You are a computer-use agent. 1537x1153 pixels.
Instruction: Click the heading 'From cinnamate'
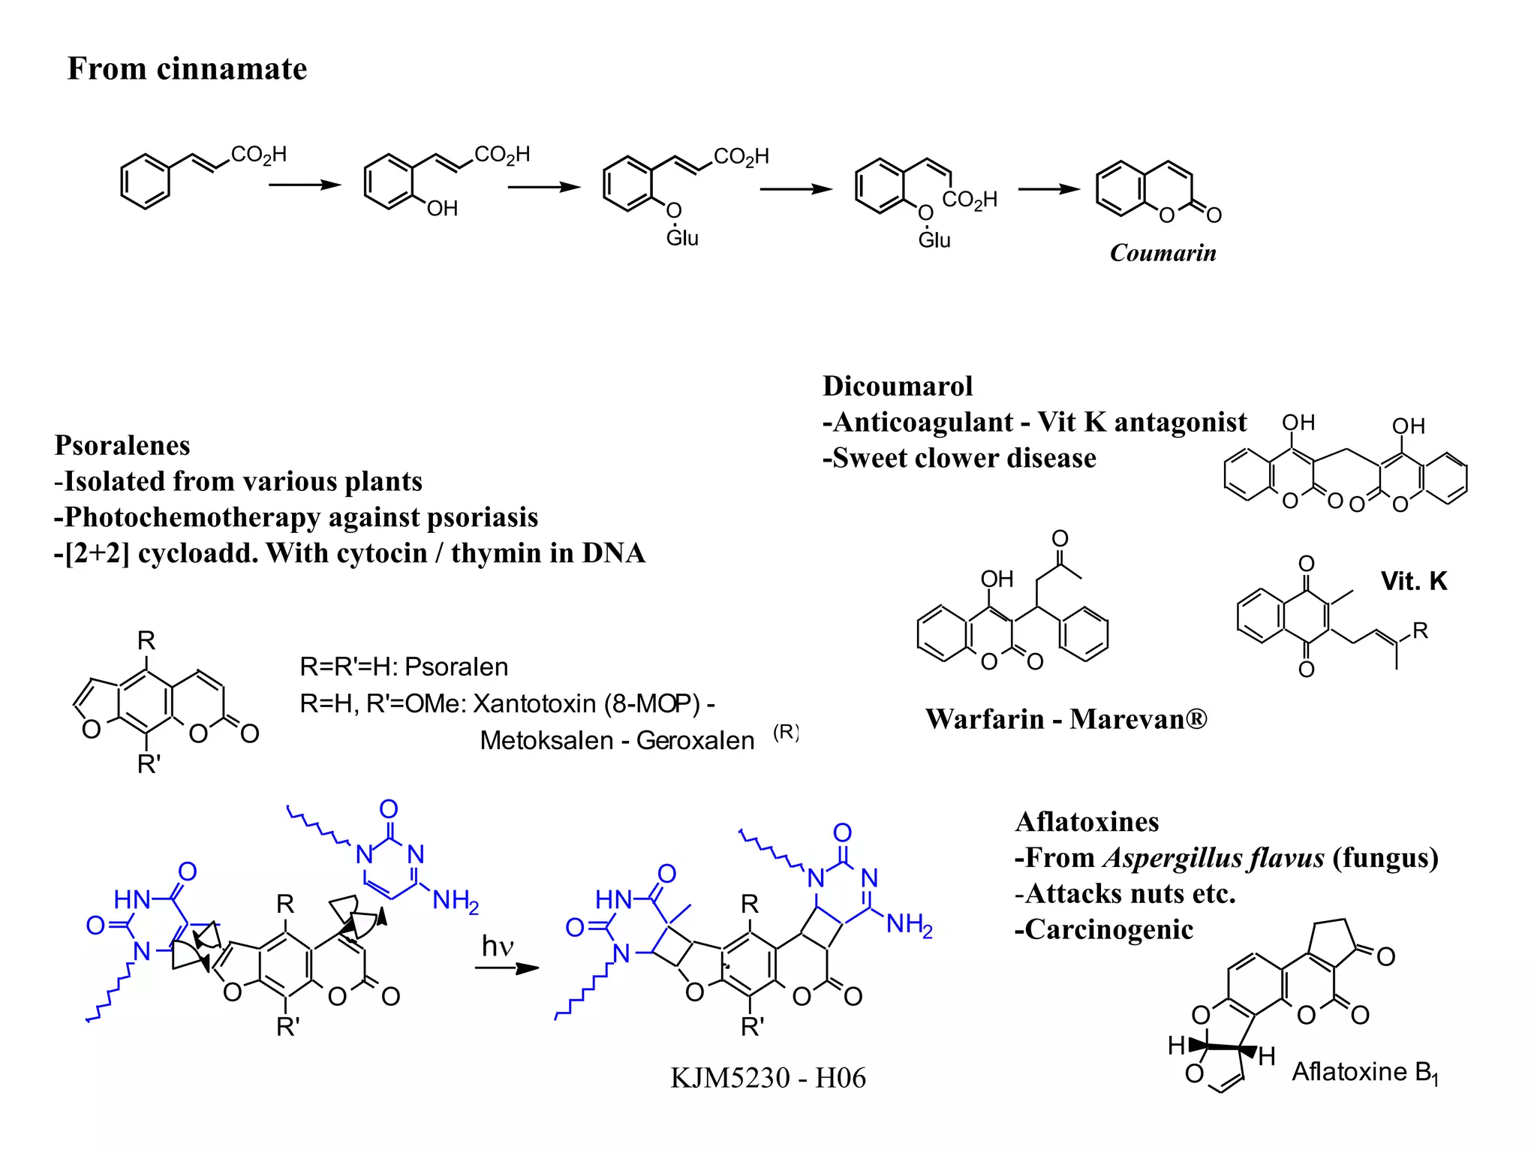point(187,69)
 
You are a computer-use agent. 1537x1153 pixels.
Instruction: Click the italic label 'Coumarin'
point(1163,253)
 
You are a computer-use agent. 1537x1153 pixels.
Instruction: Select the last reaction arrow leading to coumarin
point(1048,189)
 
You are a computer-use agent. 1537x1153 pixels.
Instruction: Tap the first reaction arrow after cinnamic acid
point(305,185)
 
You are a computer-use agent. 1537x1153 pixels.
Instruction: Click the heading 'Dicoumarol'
point(898,386)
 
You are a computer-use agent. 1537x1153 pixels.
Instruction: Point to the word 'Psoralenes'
point(122,445)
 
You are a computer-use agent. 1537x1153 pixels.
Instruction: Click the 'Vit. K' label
point(1413,581)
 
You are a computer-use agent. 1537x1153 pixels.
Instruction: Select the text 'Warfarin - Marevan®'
point(1066,719)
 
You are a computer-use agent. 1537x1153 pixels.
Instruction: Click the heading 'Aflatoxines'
point(1087,822)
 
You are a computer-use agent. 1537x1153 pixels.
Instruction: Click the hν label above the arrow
point(497,946)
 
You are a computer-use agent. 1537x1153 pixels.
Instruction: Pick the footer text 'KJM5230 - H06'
point(768,1078)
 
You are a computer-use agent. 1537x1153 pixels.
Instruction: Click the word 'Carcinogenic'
point(1108,930)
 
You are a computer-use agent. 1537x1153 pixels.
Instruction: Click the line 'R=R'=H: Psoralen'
point(404,667)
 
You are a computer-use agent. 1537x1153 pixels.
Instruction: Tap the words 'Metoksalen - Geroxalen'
point(617,740)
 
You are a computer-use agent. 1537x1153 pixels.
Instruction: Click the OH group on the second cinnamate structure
point(442,209)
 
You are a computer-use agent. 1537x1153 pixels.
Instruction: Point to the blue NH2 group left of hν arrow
point(456,900)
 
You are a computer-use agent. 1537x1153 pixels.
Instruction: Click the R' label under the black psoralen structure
point(149,764)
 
